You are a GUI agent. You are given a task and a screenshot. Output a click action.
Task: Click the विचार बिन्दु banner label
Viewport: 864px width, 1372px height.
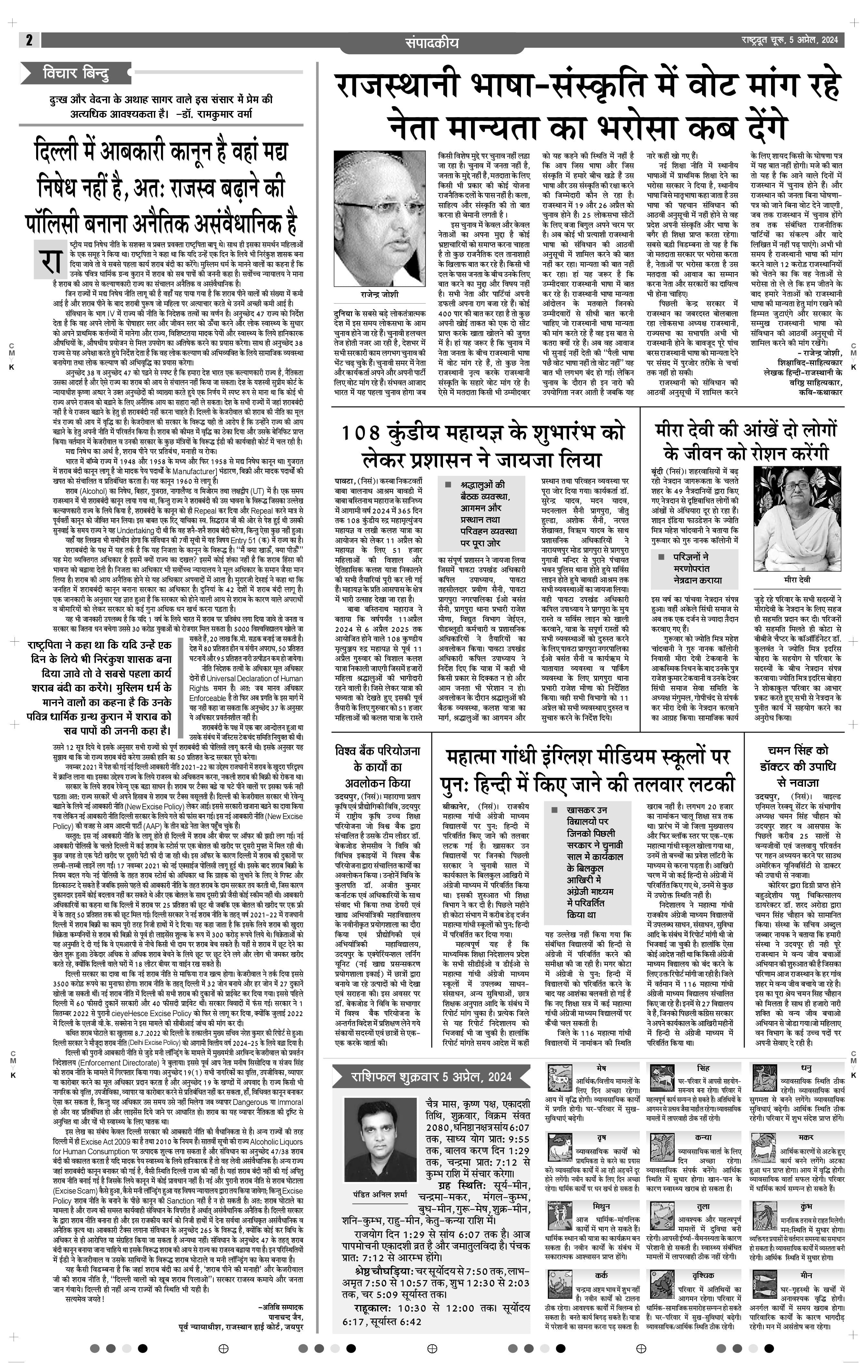[x=76, y=74]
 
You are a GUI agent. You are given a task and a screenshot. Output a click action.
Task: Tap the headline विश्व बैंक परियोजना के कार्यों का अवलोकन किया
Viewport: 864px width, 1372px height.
[x=377, y=766]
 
